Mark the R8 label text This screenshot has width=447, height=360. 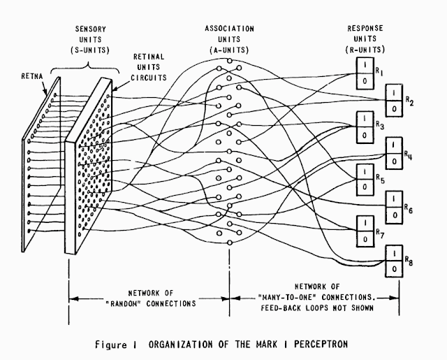tap(411, 264)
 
